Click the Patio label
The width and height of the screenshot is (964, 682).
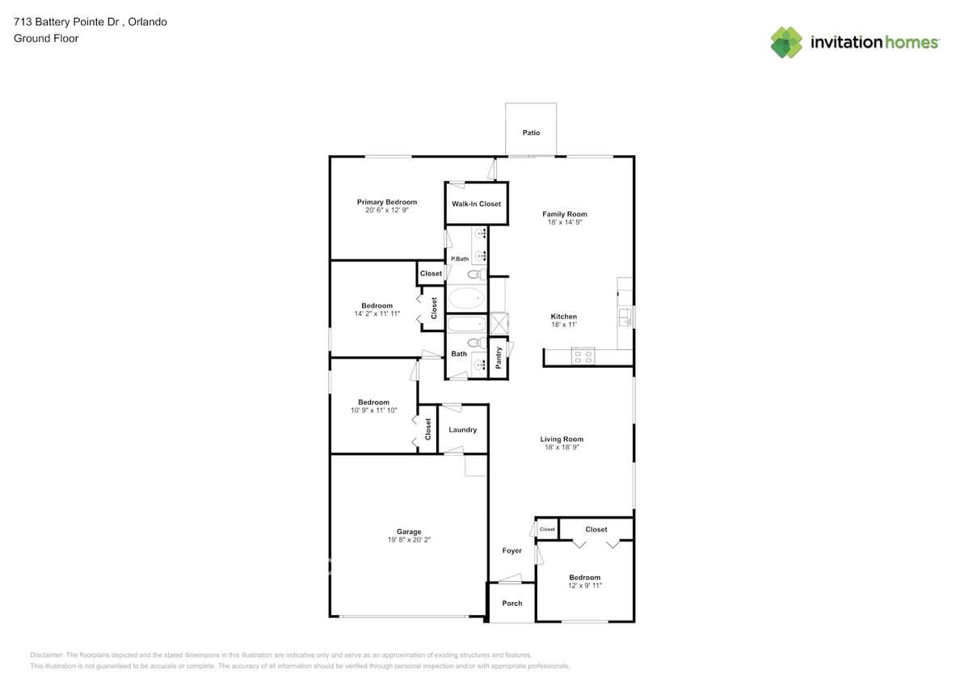[x=531, y=133]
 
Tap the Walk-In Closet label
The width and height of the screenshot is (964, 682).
[x=476, y=204]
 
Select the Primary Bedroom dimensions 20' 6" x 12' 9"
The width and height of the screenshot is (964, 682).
[x=387, y=210]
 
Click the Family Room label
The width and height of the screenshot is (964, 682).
[x=565, y=214]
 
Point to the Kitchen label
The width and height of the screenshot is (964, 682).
[x=564, y=317]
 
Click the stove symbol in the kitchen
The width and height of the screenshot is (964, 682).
[x=583, y=356]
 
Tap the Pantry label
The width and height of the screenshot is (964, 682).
[x=499, y=357]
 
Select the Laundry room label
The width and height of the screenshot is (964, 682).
[x=463, y=430]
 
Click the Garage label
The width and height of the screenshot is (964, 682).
[x=409, y=532]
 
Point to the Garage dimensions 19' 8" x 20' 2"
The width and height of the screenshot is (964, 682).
[x=409, y=540]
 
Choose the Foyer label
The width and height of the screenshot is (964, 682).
[x=512, y=551]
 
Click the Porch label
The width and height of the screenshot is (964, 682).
[x=512, y=604]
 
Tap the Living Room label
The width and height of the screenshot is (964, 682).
[x=562, y=440]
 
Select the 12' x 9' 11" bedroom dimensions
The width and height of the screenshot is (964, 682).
[x=584, y=585]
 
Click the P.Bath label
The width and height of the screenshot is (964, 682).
[x=460, y=259]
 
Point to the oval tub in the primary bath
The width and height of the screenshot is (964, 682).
[x=465, y=299]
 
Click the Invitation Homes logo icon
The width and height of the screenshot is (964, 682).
[x=786, y=42]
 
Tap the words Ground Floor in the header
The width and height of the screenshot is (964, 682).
[x=46, y=38]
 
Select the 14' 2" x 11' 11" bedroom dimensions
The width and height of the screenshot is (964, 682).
[x=377, y=314]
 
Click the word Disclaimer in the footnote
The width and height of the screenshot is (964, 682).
[x=47, y=655]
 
